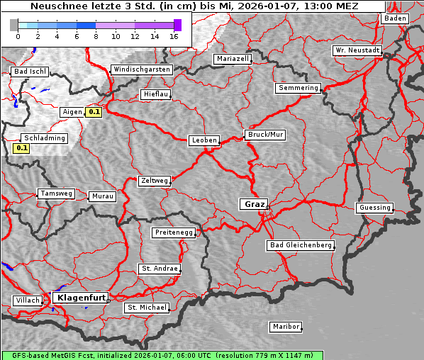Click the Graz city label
254,204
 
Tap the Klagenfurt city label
80,298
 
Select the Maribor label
286,327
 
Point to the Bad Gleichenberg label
300,245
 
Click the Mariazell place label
233,59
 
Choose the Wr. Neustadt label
357,51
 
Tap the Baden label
395,18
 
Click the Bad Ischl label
30,72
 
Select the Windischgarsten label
141,69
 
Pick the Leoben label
204,140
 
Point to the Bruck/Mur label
264,134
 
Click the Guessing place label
374,208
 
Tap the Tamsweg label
55,193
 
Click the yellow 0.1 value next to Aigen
94,112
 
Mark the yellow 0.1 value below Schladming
21,148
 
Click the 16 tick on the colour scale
174,36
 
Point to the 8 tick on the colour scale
96,36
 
